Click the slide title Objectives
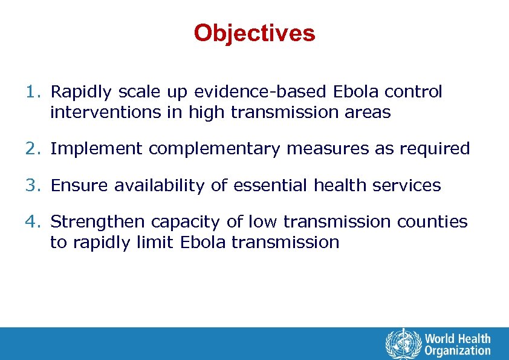254,33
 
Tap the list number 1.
33,92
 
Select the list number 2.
33,149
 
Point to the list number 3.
33,186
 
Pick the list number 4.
33,222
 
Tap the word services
406,186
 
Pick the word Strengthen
98,222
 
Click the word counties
432,222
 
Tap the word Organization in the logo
458,350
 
